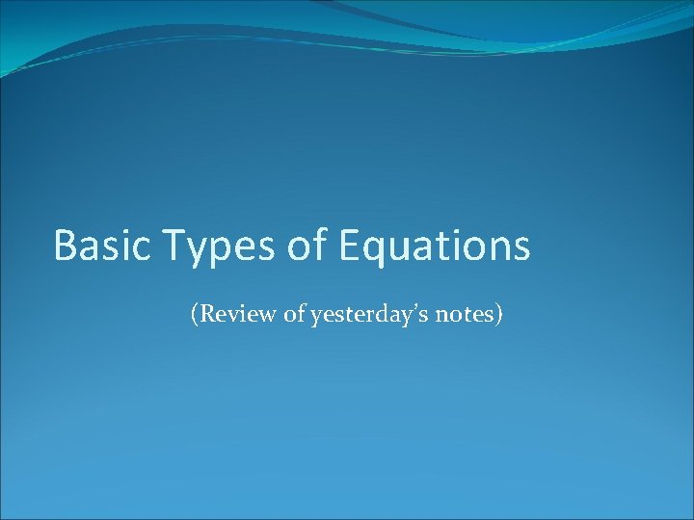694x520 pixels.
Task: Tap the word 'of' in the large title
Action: [307, 246]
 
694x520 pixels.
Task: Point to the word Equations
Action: [434, 247]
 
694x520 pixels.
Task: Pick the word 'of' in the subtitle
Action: [295, 314]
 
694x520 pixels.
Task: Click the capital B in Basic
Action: [66, 246]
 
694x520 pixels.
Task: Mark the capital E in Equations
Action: [350, 246]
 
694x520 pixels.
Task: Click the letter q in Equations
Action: [375, 250]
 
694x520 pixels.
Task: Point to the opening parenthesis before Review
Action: [196, 315]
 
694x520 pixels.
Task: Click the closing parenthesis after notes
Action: [497, 315]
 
